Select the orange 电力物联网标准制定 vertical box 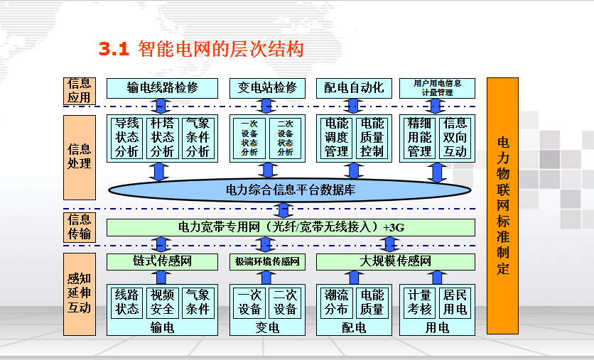[x=503, y=206]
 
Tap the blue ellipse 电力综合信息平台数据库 [x=290, y=190]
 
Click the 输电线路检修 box [x=162, y=88]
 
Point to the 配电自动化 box [x=354, y=88]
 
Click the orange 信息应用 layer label [x=79, y=91]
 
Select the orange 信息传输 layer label [x=79, y=227]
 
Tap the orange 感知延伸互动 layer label [x=79, y=294]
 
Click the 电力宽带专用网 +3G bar [x=290, y=227]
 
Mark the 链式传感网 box [x=162, y=261]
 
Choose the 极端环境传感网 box [x=267, y=261]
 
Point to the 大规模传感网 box [x=395, y=261]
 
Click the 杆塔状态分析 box [x=162, y=138]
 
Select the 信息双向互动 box [x=455, y=138]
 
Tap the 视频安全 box [x=162, y=302]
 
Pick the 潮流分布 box [x=336, y=302]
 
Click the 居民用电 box [x=455, y=302]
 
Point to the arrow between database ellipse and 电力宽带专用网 [x=283, y=210]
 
